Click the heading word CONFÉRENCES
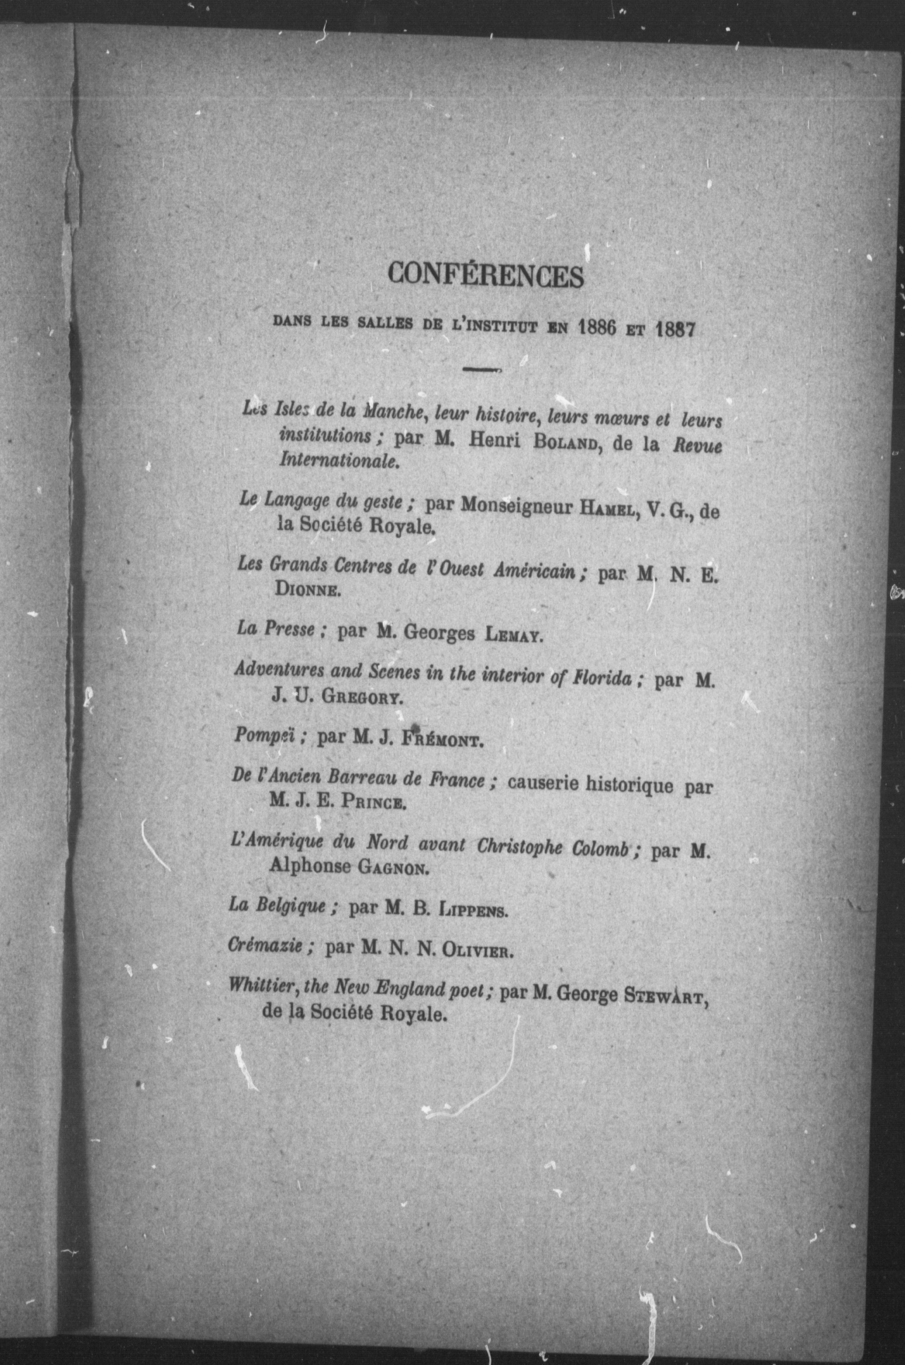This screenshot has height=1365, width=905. pyautogui.click(x=486, y=276)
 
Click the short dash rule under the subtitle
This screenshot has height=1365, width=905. pyautogui.click(x=483, y=369)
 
